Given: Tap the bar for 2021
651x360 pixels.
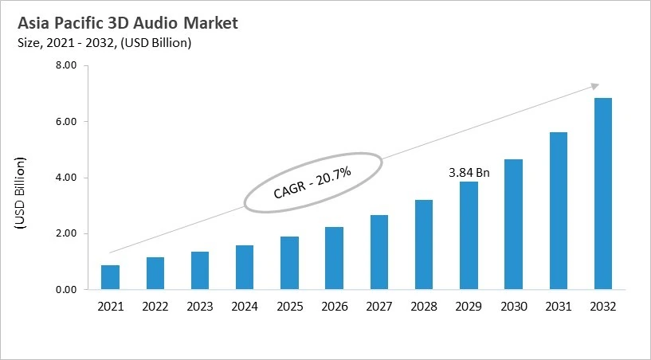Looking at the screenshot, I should click(110, 277).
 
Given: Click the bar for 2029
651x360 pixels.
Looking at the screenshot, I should click(469, 236).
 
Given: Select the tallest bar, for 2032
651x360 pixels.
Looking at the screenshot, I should click(603, 194).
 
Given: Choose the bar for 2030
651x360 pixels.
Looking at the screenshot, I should click(513, 225).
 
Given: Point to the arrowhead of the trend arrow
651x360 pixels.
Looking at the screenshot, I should click(594, 85).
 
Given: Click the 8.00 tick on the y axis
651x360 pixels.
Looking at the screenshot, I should click(65, 66).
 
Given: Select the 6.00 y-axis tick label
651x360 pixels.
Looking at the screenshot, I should click(65, 122).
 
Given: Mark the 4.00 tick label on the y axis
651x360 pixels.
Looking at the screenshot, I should click(65, 178).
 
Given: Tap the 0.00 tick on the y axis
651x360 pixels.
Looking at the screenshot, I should click(65, 290).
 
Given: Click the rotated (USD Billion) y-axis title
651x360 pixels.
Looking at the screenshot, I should click(22, 194).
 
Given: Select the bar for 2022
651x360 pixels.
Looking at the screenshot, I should click(155, 273).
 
